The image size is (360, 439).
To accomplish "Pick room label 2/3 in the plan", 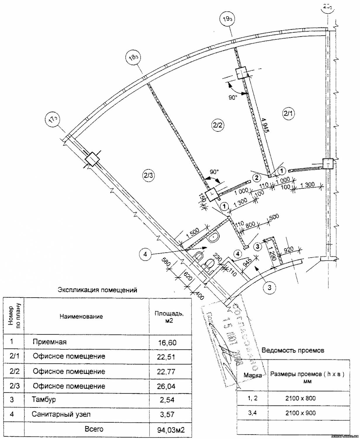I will point(148,175).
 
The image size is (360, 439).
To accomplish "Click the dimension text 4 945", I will point(265,126).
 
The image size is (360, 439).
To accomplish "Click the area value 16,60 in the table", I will point(167,342).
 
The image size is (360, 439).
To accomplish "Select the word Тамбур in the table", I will point(44,399).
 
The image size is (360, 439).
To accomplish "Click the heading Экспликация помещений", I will point(97,290).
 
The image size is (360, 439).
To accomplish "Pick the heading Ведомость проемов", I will point(293,350).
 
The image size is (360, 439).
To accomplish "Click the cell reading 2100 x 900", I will point(301,413).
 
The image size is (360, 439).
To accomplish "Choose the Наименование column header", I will point(81,316).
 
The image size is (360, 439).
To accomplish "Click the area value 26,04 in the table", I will point(166,386).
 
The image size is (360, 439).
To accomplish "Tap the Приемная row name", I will point(50,342).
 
